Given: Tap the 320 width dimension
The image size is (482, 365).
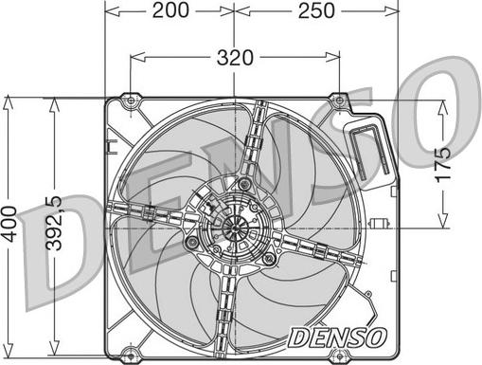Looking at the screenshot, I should point(235,57).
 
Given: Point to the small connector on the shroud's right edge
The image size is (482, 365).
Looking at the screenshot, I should point(382,224).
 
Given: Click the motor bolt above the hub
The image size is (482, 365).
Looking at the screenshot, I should point(246,182).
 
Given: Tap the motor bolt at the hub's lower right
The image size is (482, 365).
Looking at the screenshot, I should point(270,258).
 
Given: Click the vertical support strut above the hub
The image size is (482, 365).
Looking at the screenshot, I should point(252,142).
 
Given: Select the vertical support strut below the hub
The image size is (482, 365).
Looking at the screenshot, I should point(224,303).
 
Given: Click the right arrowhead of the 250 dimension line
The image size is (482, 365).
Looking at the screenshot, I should point(393,11).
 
